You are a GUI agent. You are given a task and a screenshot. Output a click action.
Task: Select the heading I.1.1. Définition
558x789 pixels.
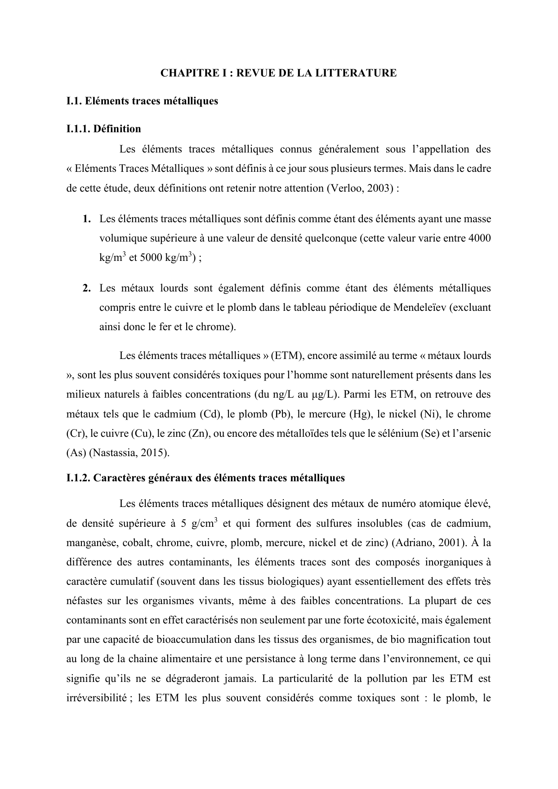(103, 129)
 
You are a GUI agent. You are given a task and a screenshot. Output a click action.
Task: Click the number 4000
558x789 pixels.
(479, 238)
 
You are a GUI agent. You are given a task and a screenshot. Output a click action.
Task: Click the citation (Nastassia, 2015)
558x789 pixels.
(129, 453)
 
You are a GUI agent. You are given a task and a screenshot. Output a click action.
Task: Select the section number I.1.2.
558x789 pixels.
(78, 478)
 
